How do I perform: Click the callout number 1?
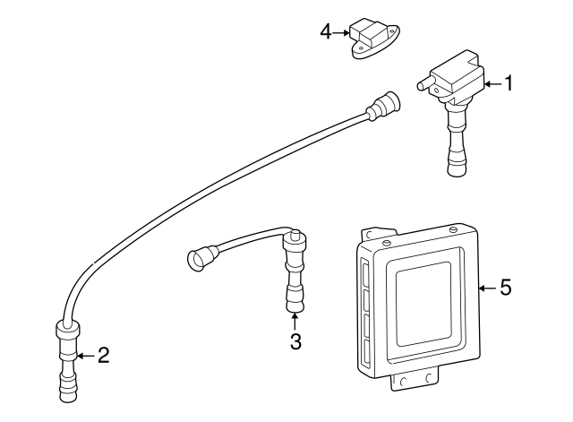[509, 83]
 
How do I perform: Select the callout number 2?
[103, 356]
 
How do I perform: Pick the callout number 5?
[506, 288]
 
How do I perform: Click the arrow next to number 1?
[492, 83]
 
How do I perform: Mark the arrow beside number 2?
[85, 356]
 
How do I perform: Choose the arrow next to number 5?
[486, 288]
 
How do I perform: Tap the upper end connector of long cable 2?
[387, 104]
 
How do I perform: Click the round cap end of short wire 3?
[198, 260]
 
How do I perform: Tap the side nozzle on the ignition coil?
[425, 85]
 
